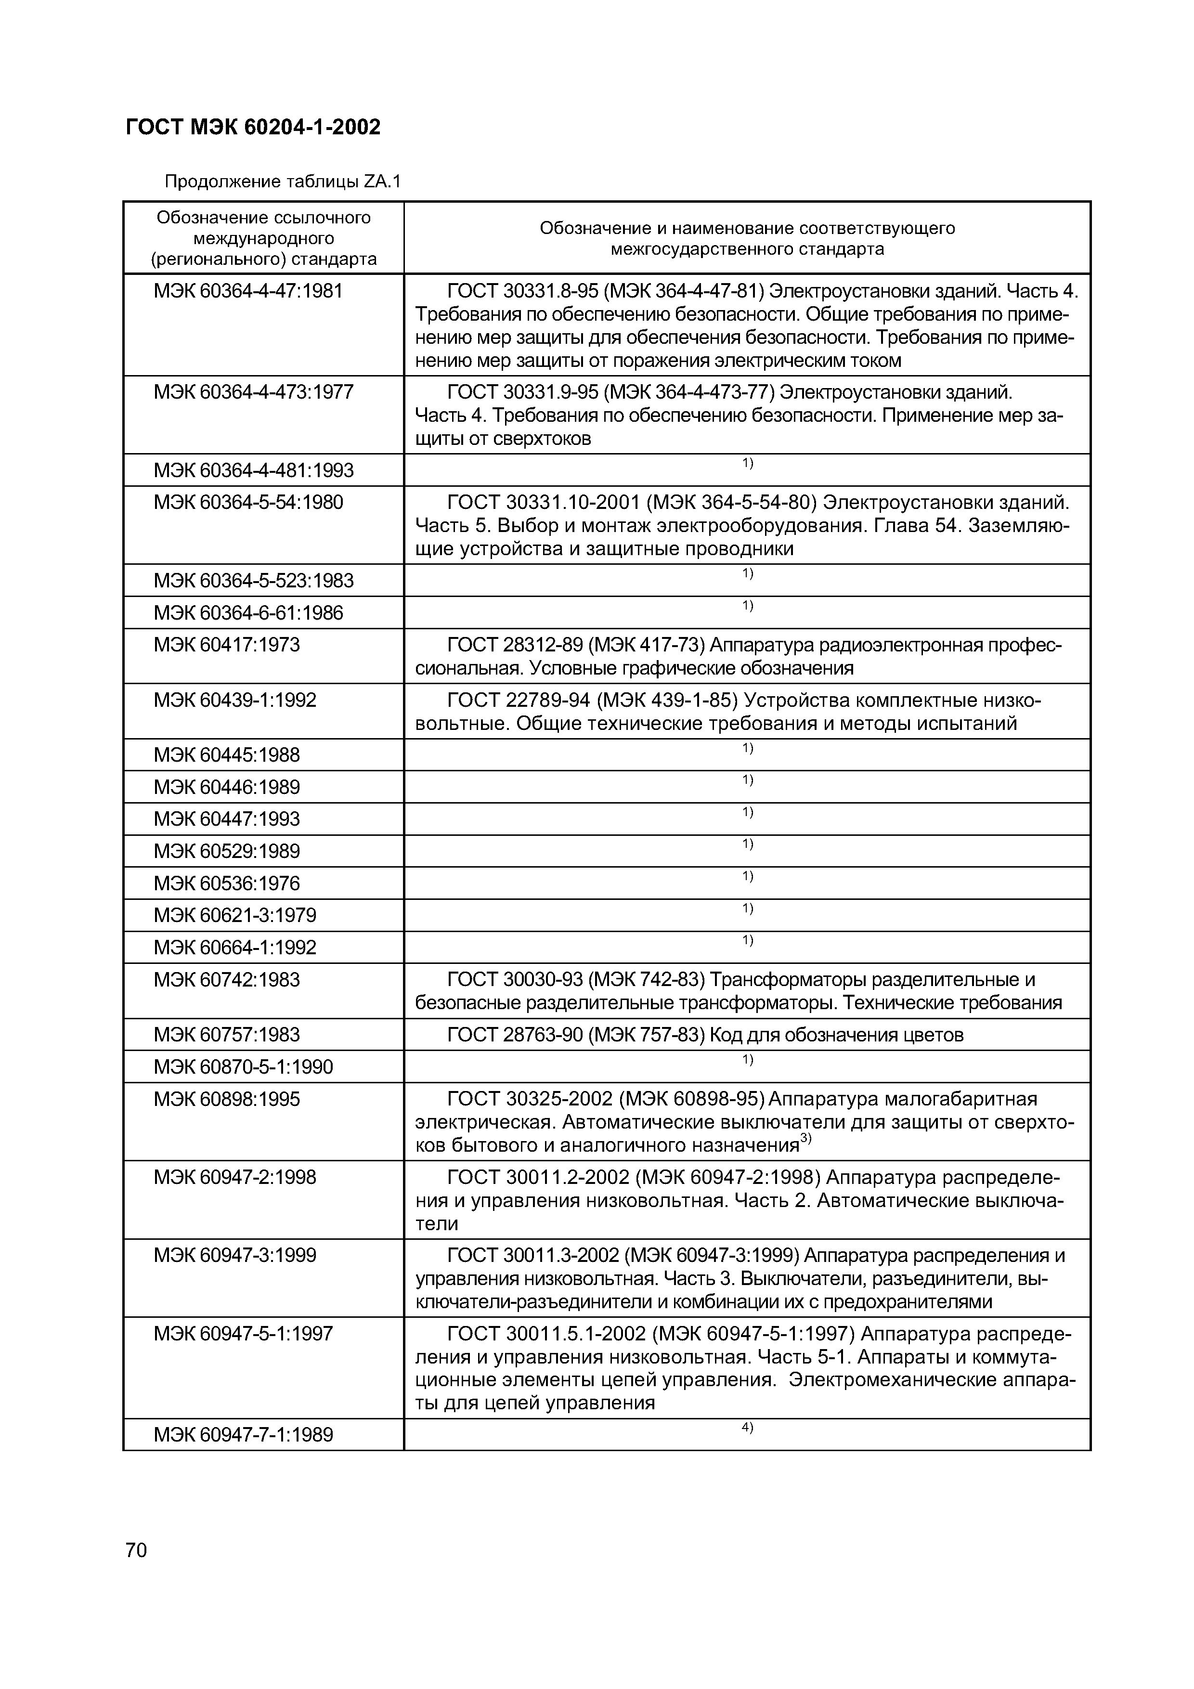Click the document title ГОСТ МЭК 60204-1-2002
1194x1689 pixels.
pos(253,127)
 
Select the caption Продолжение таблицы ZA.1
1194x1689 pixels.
pos(283,181)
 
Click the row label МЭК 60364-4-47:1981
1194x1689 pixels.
pos(248,291)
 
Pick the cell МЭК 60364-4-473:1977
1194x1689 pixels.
pos(253,392)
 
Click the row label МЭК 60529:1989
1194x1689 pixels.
pos(227,851)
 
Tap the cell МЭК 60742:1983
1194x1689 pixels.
pos(227,980)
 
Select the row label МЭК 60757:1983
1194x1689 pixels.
pos(227,1035)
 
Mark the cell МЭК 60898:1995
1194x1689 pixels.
pos(227,1099)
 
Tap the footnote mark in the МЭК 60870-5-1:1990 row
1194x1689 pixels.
pos(747,1059)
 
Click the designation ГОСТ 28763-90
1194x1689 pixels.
pos(514,1035)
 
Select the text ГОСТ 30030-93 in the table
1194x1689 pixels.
pos(514,980)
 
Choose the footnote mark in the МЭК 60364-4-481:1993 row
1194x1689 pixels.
pos(747,463)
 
